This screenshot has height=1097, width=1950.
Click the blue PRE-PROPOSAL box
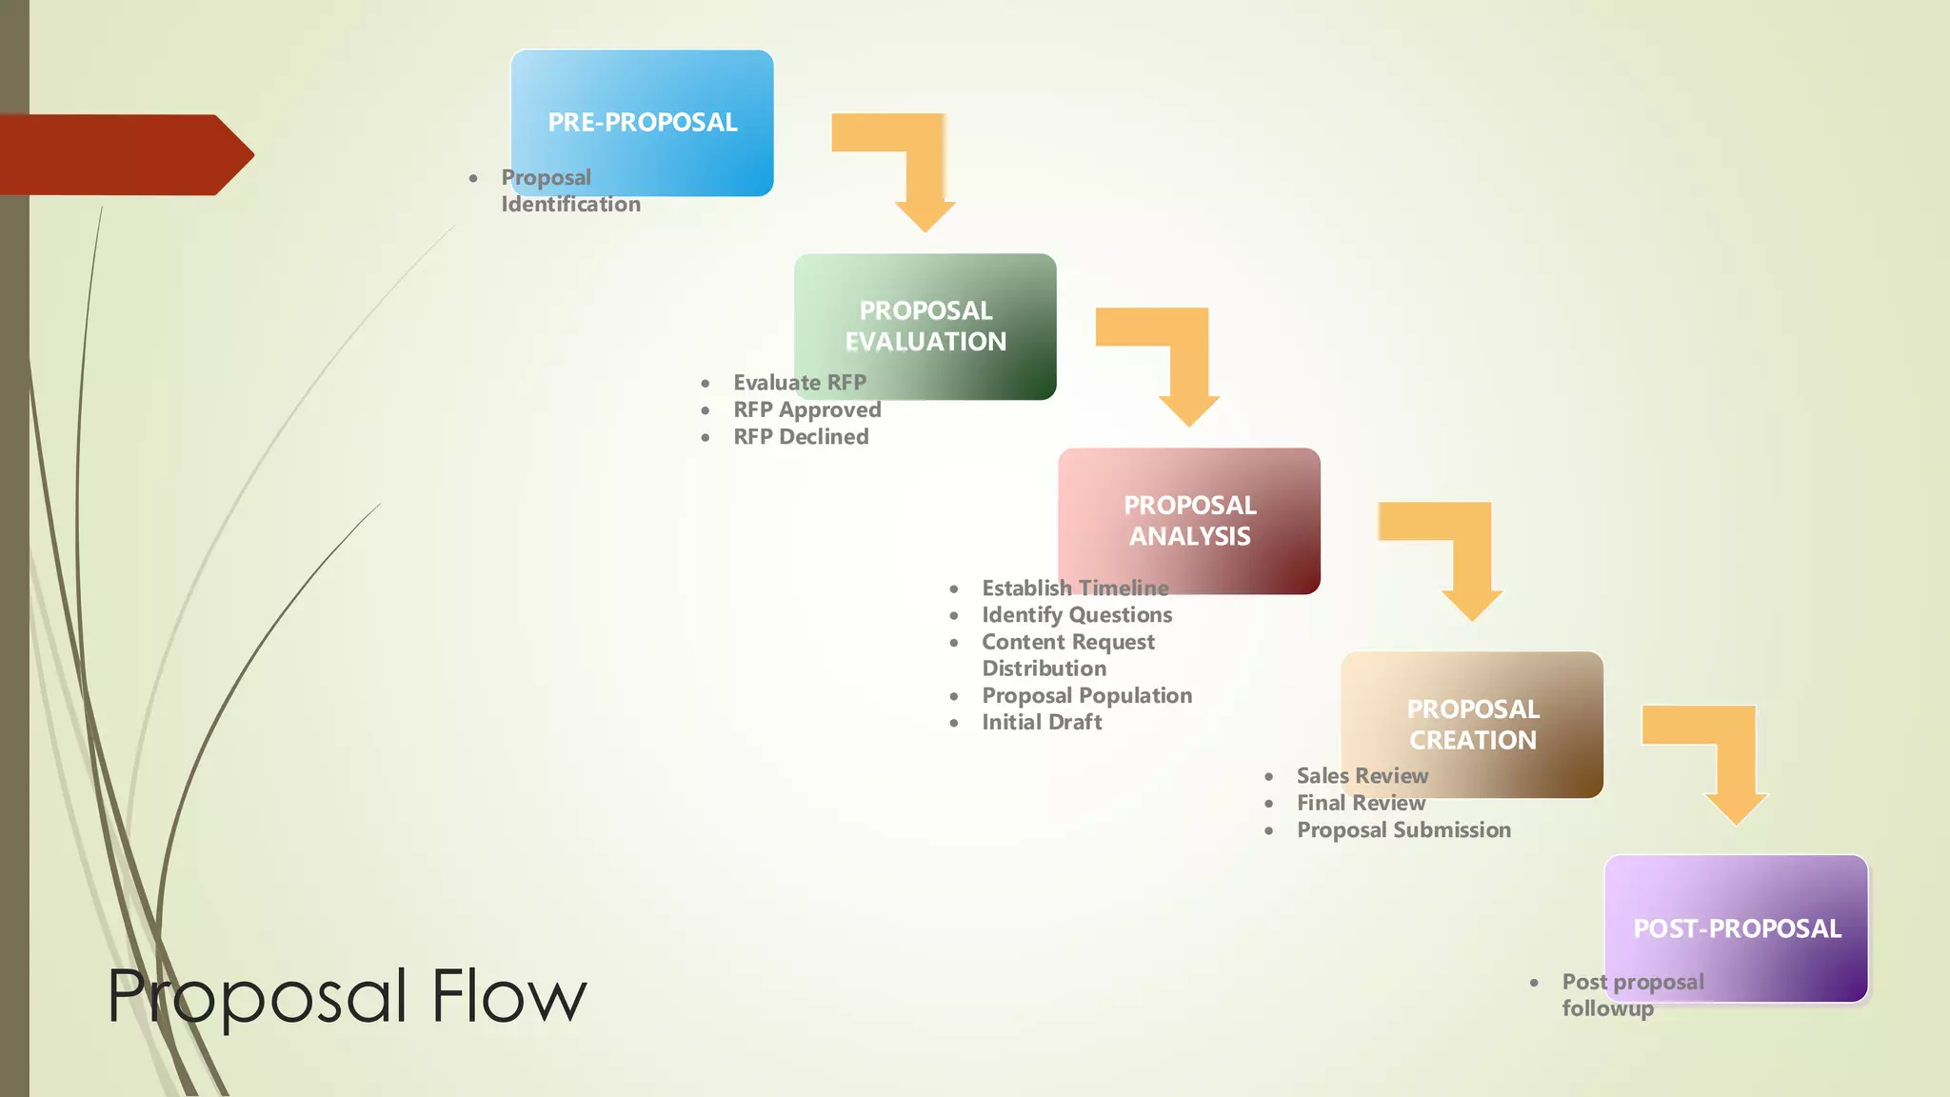point(642,122)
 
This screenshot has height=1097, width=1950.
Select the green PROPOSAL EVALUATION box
point(925,326)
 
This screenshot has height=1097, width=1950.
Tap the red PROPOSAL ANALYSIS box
point(1189,520)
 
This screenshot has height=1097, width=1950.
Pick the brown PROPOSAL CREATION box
point(1472,724)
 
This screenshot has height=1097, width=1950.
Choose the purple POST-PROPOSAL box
point(1737,927)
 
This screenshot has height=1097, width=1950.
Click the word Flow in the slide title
point(508,996)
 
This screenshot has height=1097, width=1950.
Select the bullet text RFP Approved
point(806,410)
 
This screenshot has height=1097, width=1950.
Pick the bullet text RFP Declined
point(801,437)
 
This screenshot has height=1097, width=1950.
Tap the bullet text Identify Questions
point(1077,615)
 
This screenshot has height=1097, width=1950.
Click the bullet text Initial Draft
point(1042,723)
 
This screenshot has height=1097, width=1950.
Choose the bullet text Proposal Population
point(1086,696)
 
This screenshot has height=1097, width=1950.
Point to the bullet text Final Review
point(1361,804)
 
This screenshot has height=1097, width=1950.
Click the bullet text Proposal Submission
point(1403,830)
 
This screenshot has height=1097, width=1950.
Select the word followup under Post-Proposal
point(1607,1008)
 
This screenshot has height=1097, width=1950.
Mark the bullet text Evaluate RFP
point(799,383)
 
